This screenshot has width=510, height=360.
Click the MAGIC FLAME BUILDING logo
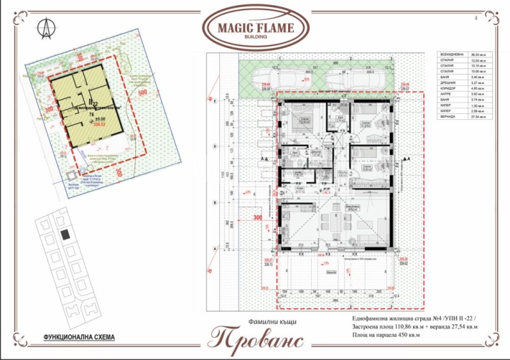pos(255,27)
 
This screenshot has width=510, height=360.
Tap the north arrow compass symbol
pos(46,27)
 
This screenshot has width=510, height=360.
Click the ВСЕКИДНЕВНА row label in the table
pos(452,56)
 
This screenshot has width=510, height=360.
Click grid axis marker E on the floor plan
pos(217,101)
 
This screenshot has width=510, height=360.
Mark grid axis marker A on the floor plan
pos(217,248)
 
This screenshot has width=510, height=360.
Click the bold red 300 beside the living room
pos(258,218)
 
